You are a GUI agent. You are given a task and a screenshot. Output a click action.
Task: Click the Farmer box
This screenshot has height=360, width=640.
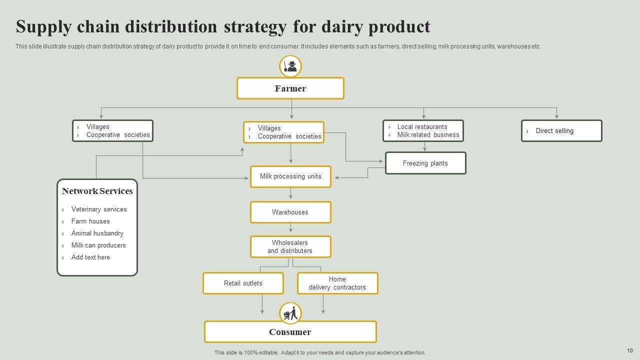290,88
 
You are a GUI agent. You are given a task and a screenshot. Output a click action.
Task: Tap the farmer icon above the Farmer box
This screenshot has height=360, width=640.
290,66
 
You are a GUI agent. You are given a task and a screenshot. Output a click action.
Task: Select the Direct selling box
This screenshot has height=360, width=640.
561,131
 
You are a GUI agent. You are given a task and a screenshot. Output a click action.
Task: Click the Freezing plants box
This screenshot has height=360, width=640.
425,163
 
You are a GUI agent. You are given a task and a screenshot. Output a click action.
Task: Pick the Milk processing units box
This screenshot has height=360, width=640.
290,176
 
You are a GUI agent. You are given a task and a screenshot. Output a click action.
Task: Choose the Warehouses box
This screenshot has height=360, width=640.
290,212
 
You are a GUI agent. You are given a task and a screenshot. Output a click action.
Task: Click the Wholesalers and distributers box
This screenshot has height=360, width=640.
290,247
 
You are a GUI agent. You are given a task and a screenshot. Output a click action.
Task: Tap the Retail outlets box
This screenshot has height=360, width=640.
243,283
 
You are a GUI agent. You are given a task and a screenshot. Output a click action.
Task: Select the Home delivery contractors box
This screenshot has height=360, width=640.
337,283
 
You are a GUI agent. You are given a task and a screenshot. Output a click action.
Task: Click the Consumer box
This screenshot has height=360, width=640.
290,332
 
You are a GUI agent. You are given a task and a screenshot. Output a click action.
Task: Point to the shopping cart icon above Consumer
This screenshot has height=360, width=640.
290,313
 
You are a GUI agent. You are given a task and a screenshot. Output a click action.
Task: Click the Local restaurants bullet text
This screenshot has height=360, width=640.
422,127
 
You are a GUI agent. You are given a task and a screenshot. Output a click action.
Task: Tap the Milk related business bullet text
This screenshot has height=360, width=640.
428,135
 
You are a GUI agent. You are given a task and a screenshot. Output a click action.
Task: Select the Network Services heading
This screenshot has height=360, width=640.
97,191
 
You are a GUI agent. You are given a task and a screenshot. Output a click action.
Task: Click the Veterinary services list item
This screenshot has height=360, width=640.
99,209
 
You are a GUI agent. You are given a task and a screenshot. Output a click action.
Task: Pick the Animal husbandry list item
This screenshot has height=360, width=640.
97,233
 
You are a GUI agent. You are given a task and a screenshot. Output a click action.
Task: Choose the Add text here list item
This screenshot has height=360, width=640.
90,257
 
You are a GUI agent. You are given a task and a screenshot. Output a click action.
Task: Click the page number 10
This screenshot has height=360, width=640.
629,351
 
